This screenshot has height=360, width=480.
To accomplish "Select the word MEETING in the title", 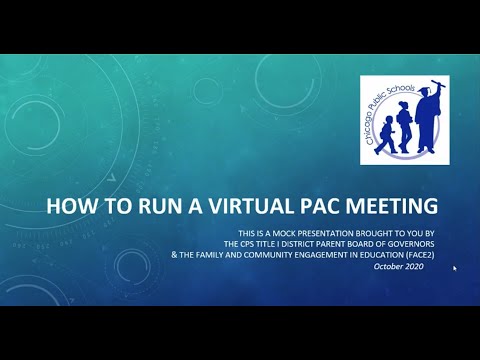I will pyautogui.click(x=389, y=208).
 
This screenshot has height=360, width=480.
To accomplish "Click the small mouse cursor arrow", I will pyautogui.click(x=455, y=268).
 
